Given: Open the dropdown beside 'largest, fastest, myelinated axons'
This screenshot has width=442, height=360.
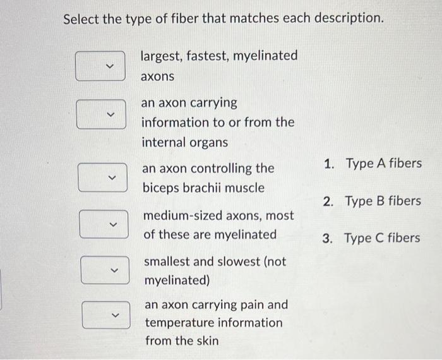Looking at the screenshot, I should (x=100, y=66).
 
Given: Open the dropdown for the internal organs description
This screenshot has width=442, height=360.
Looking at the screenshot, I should (x=101, y=114).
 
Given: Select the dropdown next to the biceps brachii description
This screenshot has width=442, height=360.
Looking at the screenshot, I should (x=103, y=177).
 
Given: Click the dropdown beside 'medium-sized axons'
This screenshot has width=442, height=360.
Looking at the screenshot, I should (x=104, y=224).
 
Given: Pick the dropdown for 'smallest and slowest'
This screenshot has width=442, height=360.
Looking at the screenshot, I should (x=105, y=269).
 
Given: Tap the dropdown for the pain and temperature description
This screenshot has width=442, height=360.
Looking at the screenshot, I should (x=106, y=314).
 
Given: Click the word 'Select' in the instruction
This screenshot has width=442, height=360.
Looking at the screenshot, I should (x=82, y=19).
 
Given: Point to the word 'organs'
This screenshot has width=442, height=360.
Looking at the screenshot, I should (x=208, y=143).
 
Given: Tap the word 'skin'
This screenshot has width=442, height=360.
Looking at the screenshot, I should (x=207, y=341).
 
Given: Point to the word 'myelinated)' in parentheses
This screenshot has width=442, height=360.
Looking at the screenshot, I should (x=177, y=279).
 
